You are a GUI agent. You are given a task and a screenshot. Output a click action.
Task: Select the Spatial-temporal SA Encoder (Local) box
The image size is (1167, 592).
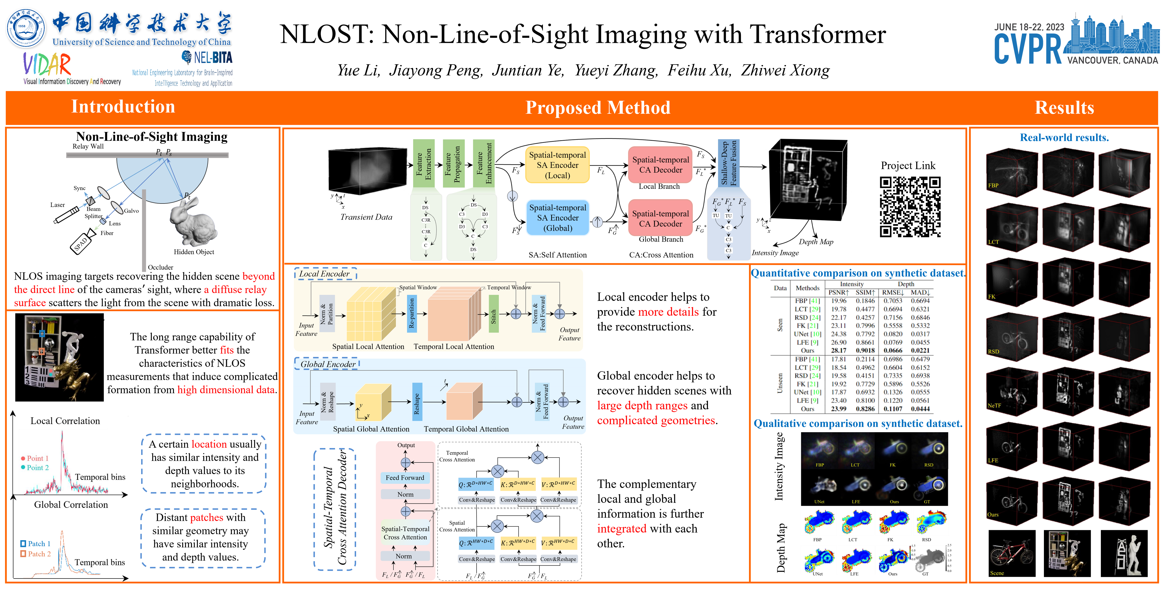pyautogui.click(x=557, y=165)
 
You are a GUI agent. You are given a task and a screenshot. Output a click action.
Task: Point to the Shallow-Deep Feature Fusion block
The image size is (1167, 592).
pyautogui.click(x=728, y=163)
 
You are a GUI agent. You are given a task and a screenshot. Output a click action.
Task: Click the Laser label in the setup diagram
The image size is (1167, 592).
pyautogui.click(x=57, y=205)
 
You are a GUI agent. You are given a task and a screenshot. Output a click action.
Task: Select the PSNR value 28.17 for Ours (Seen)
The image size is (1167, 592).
pyautogui.click(x=839, y=350)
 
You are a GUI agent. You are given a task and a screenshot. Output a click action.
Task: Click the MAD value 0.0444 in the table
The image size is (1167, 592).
pyautogui.click(x=920, y=408)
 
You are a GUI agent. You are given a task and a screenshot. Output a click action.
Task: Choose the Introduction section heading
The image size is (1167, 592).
pyautogui.click(x=123, y=107)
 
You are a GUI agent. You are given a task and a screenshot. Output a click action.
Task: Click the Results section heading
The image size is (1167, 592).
pyautogui.click(x=1064, y=108)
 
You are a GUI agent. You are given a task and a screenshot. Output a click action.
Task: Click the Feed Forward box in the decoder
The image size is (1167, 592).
pyautogui.click(x=405, y=477)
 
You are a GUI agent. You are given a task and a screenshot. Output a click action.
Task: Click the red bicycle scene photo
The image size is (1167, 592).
pyautogui.click(x=1012, y=553)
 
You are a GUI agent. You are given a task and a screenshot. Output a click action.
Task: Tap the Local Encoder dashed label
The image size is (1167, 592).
pyautogui.click(x=325, y=274)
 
